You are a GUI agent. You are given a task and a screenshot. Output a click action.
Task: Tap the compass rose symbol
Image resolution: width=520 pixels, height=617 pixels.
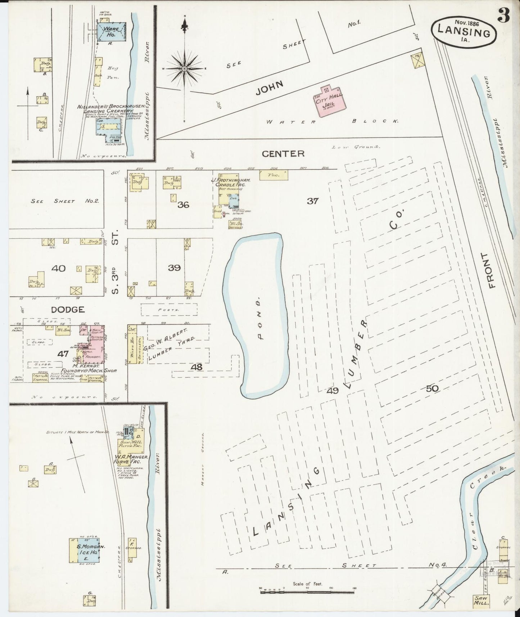(x=184, y=68)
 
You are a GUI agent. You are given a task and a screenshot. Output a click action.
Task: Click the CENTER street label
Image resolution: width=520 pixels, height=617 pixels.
(x=283, y=154)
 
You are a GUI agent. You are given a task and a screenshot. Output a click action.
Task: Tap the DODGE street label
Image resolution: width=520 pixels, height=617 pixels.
(x=68, y=309)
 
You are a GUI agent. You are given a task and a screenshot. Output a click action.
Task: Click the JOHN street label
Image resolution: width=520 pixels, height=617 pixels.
(x=270, y=87)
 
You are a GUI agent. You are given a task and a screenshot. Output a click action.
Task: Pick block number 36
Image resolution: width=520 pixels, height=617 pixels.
(x=183, y=205)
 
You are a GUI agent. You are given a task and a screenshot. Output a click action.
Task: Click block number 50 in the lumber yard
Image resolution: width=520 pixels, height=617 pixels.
(x=432, y=389)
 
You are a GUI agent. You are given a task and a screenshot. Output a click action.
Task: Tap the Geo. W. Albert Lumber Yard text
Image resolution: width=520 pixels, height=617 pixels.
(x=169, y=344)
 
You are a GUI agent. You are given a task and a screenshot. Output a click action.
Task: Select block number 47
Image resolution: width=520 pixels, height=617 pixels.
(x=63, y=354)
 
